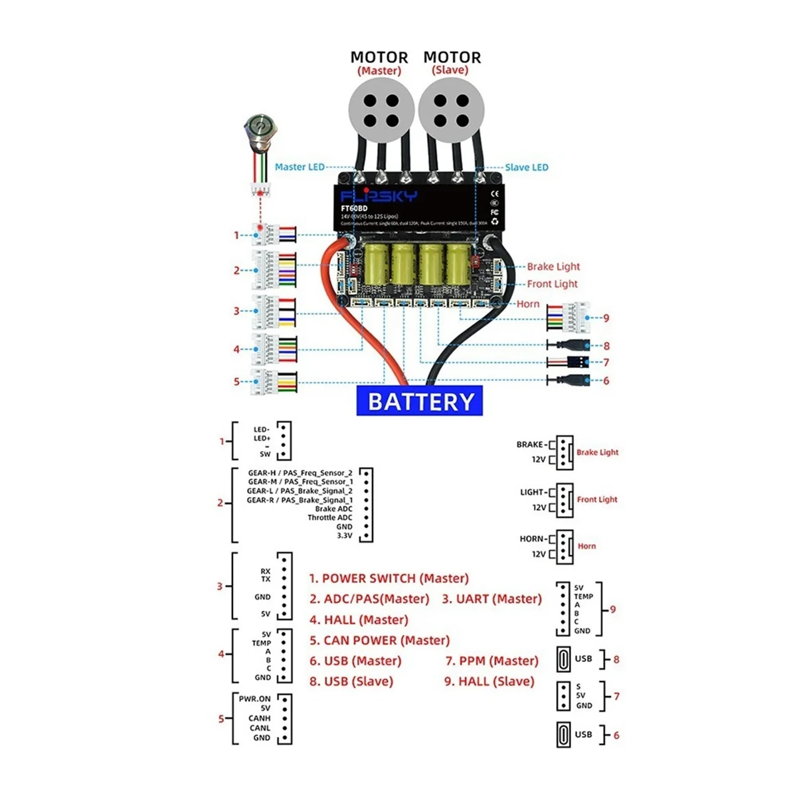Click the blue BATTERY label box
click(420, 402)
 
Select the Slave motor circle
click(451, 111)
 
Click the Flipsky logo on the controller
click(379, 196)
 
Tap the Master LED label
click(300, 167)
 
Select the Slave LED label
click(527, 167)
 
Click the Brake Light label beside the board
click(553, 266)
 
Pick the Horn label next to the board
click(528, 304)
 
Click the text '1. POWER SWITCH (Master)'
click(389, 578)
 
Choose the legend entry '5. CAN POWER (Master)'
click(380, 640)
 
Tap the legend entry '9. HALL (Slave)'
click(489, 681)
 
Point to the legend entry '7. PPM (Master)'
click(492, 661)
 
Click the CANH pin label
click(260, 718)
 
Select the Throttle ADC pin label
click(330, 517)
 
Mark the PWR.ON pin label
click(255, 699)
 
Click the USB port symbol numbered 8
click(563, 660)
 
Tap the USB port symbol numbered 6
click(563, 735)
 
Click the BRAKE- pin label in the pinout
click(531, 444)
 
